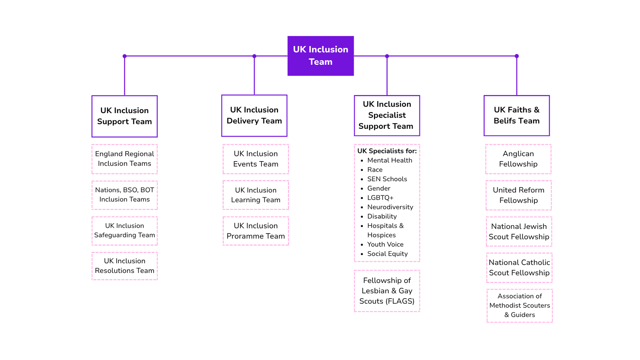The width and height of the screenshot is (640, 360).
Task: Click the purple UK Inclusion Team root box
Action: [x=320, y=55]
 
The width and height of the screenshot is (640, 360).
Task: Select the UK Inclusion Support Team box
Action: [x=124, y=116]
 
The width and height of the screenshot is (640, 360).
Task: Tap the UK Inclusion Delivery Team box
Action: [x=254, y=115]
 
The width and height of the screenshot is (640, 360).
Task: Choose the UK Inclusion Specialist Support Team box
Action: [x=387, y=115]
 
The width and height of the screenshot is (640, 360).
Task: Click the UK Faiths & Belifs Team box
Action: [x=517, y=115]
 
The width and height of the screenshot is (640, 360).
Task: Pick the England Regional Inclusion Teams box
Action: [x=124, y=159]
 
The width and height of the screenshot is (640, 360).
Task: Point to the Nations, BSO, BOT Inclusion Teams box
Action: [x=124, y=195]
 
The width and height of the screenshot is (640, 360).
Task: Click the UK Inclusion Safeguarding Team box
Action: [x=124, y=231]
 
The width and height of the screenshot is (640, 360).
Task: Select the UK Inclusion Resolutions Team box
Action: [x=124, y=266]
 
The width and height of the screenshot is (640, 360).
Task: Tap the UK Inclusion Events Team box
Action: [x=256, y=159]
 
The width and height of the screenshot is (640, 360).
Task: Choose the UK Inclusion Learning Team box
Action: [x=256, y=195]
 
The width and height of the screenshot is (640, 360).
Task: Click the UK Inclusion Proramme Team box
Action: [x=256, y=231]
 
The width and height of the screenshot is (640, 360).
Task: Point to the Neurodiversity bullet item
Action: [x=390, y=207]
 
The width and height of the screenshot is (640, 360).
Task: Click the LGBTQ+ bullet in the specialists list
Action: [x=380, y=198]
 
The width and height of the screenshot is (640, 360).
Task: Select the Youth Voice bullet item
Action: [x=385, y=244]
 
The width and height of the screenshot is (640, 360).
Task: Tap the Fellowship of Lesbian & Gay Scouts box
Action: [x=387, y=291]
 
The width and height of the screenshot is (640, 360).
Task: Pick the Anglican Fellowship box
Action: [x=518, y=159]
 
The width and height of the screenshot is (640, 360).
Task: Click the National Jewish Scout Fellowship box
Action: [x=519, y=232]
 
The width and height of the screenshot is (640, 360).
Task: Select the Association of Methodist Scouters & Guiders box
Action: [x=519, y=306]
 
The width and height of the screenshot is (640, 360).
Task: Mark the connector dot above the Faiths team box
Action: [x=517, y=56]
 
